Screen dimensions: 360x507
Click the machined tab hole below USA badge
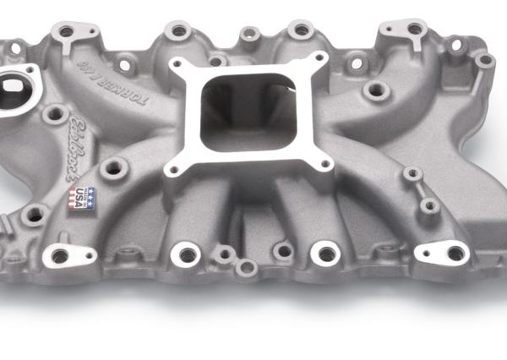click(x=59, y=254)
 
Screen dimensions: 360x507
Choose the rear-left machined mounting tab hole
click(x=66, y=32)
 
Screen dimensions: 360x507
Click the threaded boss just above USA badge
click(x=112, y=168)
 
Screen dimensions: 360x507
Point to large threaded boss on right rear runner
click(x=375, y=89)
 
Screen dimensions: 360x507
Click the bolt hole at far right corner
click(x=484, y=60)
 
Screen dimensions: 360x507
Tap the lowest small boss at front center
click(x=246, y=267)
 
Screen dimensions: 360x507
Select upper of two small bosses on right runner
click(x=412, y=174)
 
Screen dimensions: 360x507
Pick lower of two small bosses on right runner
click(x=430, y=205)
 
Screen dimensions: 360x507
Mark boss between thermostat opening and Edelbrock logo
click(x=57, y=113)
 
